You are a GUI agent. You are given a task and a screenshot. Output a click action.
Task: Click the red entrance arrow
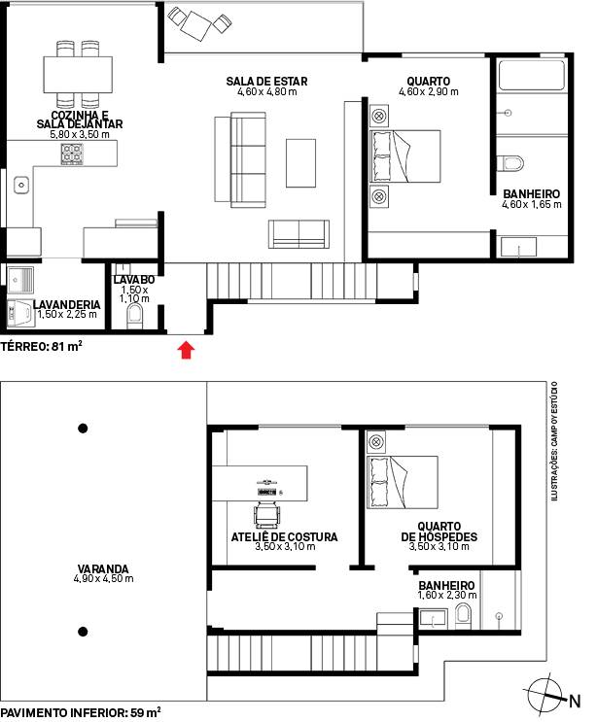[186, 350]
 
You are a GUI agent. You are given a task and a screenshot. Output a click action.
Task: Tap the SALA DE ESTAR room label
[266, 81]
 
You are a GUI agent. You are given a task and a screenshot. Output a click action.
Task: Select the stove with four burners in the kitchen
[72, 154]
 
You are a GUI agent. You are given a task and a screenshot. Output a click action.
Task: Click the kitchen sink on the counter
[21, 185]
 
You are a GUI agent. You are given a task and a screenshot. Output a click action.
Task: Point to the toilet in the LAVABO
[134, 317]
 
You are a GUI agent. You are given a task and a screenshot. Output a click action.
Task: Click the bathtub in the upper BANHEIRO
[532, 75]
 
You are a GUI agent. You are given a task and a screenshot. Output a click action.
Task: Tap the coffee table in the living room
[300, 163]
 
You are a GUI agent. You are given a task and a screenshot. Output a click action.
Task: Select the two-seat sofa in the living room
[298, 234]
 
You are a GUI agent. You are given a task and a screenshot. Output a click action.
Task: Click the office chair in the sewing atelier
[267, 515]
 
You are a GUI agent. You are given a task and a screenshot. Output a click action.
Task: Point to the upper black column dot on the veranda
[83, 429]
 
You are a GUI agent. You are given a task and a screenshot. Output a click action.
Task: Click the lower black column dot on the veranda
[83, 632]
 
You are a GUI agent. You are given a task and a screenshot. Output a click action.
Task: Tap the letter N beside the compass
[575, 702]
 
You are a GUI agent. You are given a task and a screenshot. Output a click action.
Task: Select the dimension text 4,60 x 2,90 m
[429, 91]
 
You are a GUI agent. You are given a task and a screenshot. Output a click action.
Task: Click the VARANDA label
[103, 568]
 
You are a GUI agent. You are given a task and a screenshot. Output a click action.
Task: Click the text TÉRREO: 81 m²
[41, 346]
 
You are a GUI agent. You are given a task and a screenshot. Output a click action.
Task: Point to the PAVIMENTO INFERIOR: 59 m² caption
[81, 712]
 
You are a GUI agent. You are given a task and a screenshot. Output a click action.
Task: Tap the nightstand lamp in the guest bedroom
[376, 442]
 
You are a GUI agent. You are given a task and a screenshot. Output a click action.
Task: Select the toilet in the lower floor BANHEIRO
[463, 617]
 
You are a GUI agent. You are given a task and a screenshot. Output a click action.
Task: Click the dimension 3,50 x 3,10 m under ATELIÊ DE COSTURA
[285, 546]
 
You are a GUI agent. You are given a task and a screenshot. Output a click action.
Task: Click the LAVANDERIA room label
[67, 304]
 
